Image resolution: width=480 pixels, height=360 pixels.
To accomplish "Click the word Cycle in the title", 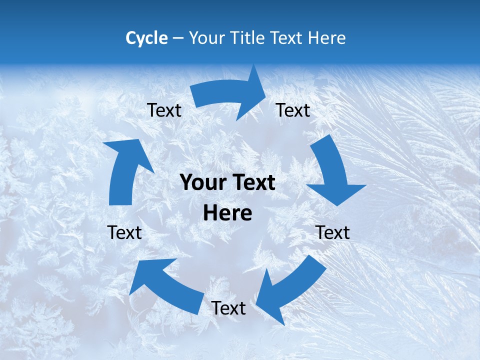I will tap(146, 38).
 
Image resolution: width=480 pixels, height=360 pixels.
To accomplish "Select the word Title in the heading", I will tap(248, 38).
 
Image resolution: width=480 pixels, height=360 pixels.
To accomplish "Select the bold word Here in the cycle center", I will tap(227, 213).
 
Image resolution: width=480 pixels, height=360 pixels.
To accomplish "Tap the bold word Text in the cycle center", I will tap(252, 183).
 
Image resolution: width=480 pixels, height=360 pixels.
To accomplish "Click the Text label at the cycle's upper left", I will tap(164, 110).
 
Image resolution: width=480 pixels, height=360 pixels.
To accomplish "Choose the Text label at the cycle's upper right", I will tap(293, 110).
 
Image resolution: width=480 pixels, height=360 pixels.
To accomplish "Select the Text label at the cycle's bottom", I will tap(228, 308).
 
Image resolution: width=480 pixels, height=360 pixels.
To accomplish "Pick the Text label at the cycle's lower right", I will tap(332, 232).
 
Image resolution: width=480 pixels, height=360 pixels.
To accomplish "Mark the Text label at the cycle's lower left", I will tap(124, 232).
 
